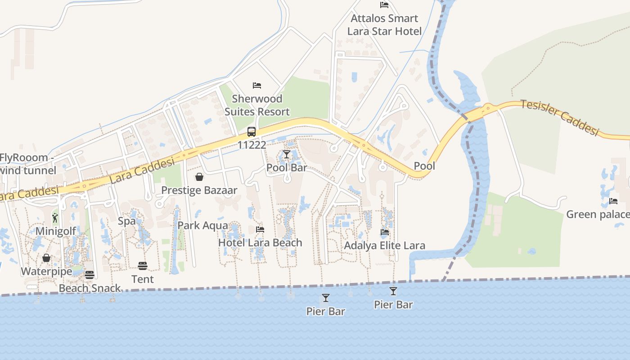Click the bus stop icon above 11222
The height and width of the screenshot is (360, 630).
[x=252, y=132]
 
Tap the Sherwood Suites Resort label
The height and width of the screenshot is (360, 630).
[x=257, y=105]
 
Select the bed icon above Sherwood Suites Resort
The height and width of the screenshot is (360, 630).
[x=257, y=85]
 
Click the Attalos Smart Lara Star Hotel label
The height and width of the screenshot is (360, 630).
[x=386, y=25]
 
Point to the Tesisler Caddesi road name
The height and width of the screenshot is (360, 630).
[x=560, y=117]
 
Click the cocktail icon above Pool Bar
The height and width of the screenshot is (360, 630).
[x=286, y=155]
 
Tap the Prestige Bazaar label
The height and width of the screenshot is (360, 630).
[x=199, y=190]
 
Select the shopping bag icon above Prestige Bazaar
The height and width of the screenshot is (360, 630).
[x=199, y=177]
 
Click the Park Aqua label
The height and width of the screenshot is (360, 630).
[x=202, y=225]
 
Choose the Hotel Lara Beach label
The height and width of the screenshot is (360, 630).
[x=260, y=243]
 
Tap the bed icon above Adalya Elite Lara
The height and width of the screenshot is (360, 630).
[x=385, y=232]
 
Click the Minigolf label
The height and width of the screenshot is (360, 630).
[x=55, y=231]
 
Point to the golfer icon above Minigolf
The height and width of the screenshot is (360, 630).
[x=55, y=218]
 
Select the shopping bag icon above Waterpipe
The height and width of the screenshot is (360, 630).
[x=46, y=258]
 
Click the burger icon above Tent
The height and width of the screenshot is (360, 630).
[x=143, y=266]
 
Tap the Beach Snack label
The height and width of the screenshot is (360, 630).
[x=90, y=288]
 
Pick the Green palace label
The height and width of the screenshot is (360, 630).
[x=598, y=214]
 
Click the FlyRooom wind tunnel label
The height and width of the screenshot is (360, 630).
[x=28, y=164]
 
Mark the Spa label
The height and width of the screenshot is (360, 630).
[x=126, y=221]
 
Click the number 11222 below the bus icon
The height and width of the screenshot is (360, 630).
[x=252, y=145]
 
